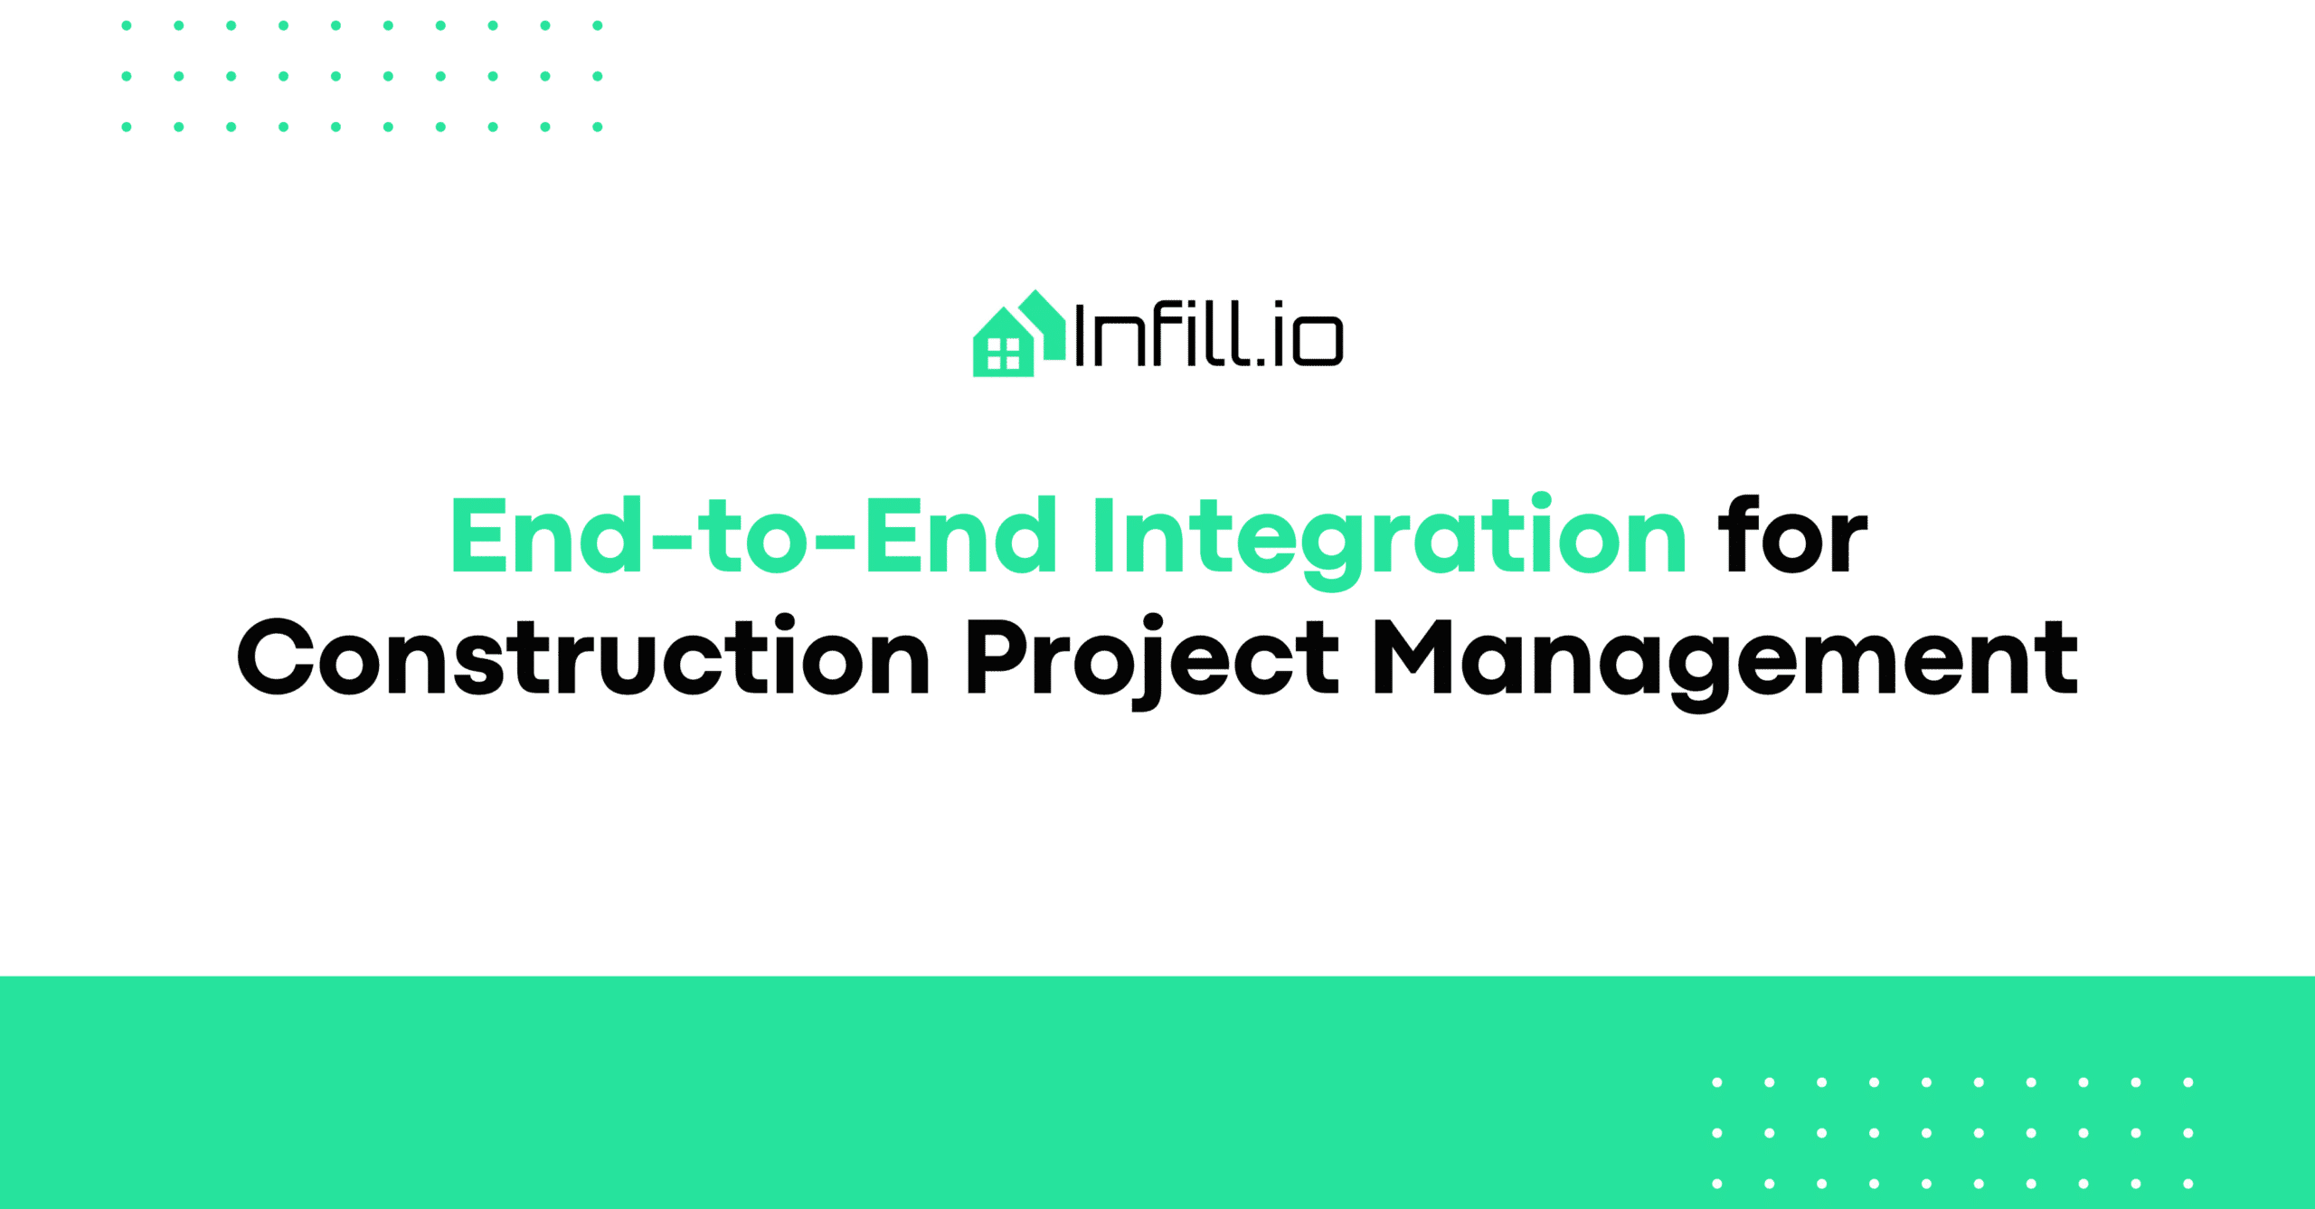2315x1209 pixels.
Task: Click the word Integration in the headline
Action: coord(1390,539)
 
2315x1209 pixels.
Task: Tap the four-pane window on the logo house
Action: coord(1003,354)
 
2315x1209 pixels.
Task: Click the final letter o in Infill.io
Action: coord(1318,340)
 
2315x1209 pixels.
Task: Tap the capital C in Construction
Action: coord(276,656)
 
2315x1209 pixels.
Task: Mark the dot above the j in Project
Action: coord(1152,623)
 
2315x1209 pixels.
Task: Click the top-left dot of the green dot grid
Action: coord(127,25)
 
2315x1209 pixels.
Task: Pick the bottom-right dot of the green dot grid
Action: coord(598,127)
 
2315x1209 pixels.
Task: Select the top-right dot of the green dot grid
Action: coord(598,25)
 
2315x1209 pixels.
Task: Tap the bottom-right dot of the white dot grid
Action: coord(2188,1184)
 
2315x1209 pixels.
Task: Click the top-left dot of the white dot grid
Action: coord(1717,1082)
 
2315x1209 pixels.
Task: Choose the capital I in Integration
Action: coord(1103,535)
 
